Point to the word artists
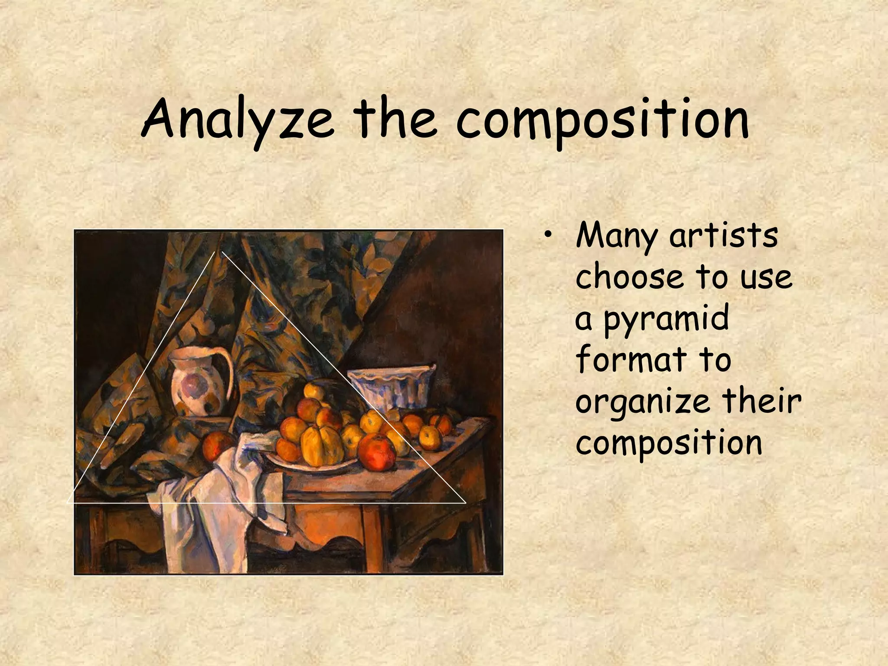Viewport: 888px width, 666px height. (724, 236)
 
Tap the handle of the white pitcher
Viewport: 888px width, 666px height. (228, 369)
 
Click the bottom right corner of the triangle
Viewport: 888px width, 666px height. (465, 503)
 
